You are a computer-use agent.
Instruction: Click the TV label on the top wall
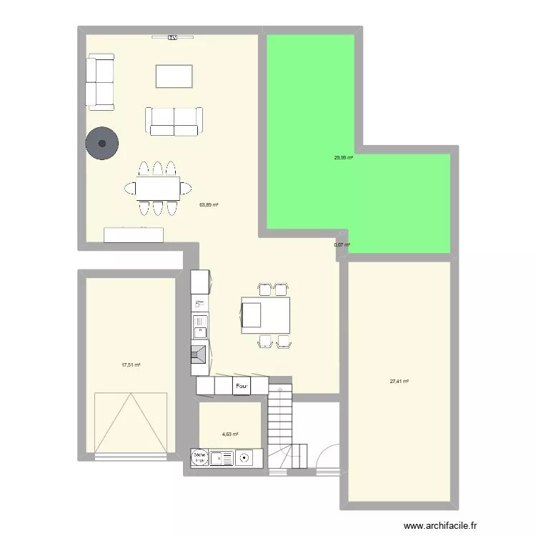pos(172,37)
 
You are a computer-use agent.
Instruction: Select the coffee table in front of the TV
pos(174,76)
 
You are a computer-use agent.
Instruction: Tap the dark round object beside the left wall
pos(102,144)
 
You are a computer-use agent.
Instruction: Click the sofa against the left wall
pos(100,82)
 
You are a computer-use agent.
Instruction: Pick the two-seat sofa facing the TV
pos(174,121)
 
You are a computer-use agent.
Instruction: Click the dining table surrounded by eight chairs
pos(158,189)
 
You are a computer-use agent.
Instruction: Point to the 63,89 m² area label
pos(209,204)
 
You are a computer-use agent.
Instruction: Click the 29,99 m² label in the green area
pos(343,158)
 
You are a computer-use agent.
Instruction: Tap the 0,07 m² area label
pos(342,245)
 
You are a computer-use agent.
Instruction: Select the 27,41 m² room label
pos(399,382)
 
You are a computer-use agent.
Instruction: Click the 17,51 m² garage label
pos(131,364)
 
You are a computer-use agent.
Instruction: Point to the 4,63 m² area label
pos(229,434)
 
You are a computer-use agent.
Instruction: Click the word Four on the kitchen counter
pos(242,387)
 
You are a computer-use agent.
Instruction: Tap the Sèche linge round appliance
pos(199,458)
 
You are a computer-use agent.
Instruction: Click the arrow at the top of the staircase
pos(281,390)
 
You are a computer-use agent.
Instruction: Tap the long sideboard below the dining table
pos(134,235)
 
